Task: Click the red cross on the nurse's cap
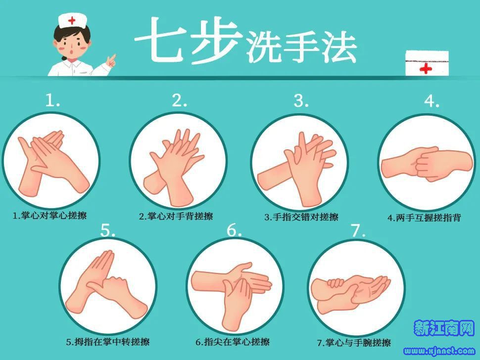(x=72, y=21)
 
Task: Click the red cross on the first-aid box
(x=426, y=69)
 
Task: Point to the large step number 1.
(x=52, y=100)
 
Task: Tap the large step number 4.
(x=432, y=101)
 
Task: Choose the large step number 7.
(x=358, y=230)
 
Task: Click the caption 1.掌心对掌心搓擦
(x=49, y=216)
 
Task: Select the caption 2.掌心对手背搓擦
(x=176, y=216)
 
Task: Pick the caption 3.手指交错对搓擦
(x=301, y=217)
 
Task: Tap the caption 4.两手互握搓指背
(x=424, y=218)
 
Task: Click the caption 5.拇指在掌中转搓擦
(x=108, y=342)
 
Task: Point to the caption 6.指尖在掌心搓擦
(x=233, y=342)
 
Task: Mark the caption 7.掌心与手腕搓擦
(x=354, y=343)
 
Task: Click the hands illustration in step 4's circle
(x=427, y=164)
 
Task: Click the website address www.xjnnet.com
(x=439, y=351)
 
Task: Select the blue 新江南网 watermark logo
(x=444, y=328)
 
